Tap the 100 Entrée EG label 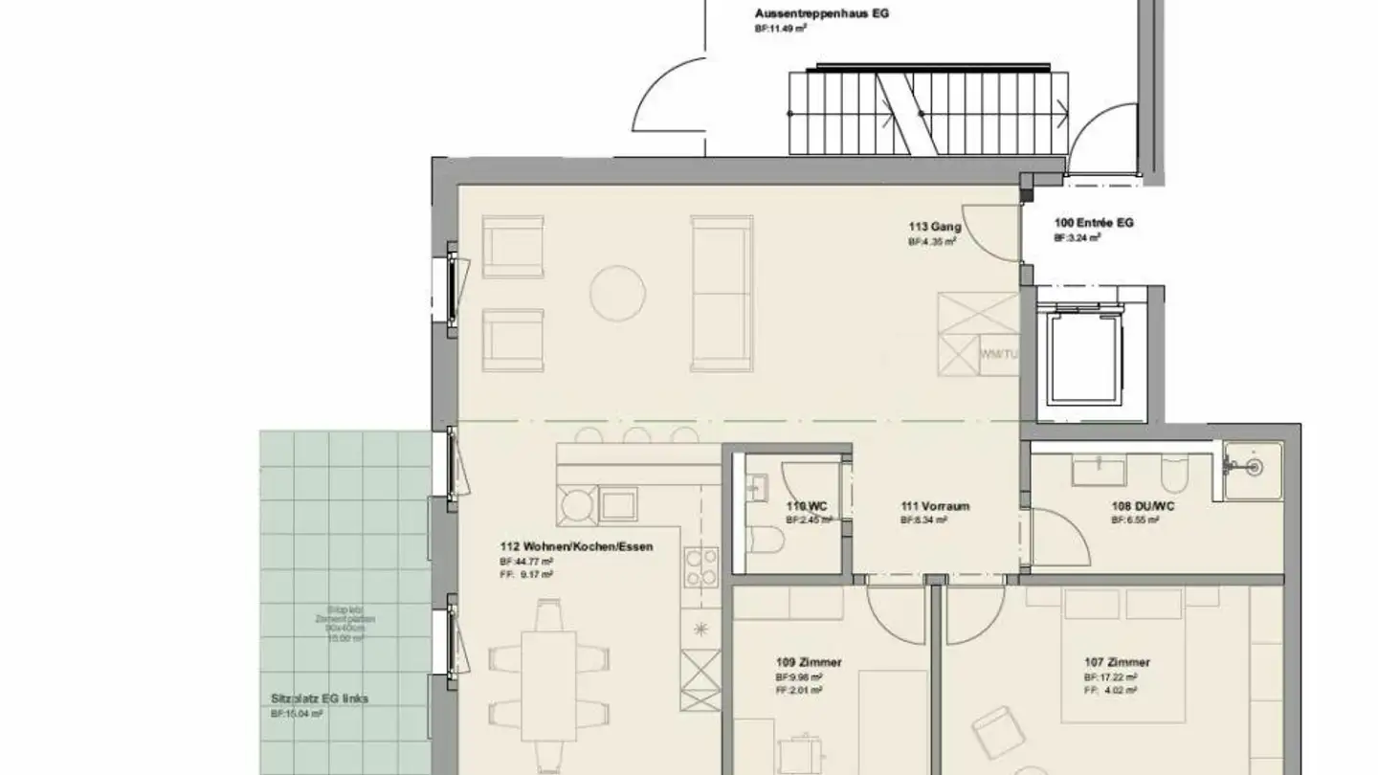click(x=1094, y=222)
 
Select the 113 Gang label click(x=935, y=227)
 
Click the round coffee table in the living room click(x=617, y=293)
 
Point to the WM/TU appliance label click(x=998, y=354)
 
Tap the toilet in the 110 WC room click(x=767, y=542)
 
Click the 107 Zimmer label click(x=1117, y=662)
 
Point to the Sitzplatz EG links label click(x=319, y=698)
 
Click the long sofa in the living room click(x=721, y=293)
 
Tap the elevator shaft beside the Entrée click(x=1085, y=355)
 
